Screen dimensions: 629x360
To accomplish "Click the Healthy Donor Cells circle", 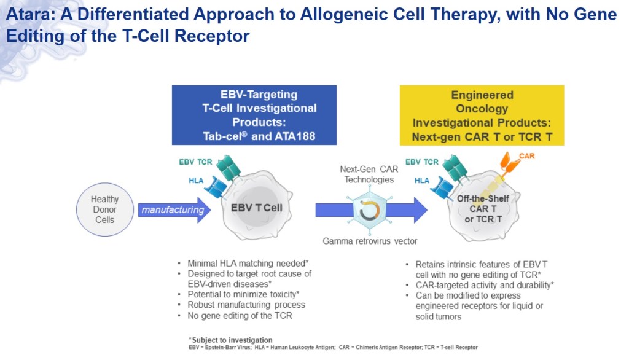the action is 104,209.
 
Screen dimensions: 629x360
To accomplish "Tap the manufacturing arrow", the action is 174,210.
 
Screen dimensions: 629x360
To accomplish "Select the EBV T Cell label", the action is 257,208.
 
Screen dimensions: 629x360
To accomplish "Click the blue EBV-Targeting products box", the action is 254,115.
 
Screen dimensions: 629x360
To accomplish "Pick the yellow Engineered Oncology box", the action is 482,115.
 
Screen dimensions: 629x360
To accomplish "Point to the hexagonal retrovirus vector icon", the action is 369,210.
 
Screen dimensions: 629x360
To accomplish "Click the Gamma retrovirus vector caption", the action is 370,241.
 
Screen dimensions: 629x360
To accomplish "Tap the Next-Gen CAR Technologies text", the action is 369,174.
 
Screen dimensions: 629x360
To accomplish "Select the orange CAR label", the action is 526,156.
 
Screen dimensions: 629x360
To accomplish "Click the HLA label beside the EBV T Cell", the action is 196,181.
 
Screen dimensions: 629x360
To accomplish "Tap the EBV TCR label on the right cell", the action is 422,162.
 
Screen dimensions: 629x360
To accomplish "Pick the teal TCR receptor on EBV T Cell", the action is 229,167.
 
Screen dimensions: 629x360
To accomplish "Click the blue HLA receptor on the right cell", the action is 443,187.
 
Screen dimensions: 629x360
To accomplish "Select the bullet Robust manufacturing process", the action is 246,305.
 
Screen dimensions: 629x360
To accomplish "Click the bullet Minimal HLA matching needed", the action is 248,264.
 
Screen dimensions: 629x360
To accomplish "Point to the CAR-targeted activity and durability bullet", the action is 485,285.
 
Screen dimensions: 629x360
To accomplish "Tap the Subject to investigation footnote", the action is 231,340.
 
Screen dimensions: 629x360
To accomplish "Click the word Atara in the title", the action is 30,15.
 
